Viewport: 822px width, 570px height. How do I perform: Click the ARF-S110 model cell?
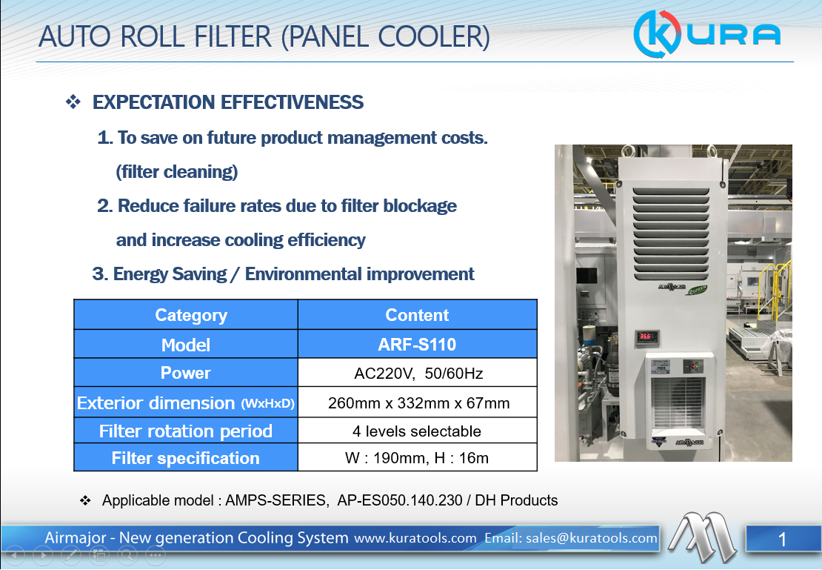click(417, 345)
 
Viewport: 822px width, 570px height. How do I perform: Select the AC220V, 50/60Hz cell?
click(417, 373)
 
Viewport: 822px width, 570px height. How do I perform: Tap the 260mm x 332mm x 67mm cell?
click(417, 402)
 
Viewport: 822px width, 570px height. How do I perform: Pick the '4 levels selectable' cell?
click(417, 431)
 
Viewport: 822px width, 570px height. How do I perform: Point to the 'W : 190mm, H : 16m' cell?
click(417, 457)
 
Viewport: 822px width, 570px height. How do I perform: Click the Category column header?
click(186, 315)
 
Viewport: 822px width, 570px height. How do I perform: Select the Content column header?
click(417, 315)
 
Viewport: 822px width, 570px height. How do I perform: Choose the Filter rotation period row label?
click(186, 431)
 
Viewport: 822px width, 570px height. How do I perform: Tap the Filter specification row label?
click(186, 457)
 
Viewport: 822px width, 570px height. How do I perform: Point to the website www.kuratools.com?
click(415, 538)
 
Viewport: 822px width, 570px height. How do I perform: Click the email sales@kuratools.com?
click(570, 538)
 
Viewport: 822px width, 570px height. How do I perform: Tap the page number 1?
click(782, 540)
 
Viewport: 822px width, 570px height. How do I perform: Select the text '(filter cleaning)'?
click(177, 172)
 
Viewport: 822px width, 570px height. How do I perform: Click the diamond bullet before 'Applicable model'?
click(85, 500)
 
